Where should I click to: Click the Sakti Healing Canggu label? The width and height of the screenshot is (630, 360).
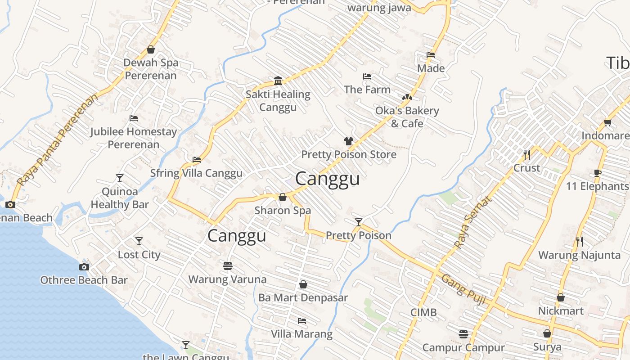pos(278,101)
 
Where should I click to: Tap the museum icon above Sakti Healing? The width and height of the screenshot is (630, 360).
pos(278,81)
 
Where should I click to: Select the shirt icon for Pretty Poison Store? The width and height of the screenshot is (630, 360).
pos(349,141)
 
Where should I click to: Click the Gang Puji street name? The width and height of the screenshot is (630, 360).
pos(463,289)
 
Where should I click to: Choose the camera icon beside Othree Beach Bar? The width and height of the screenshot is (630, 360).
pos(84,267)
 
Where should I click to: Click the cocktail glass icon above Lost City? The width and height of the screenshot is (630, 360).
pos(139,241)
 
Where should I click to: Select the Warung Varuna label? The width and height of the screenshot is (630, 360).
pos(227,279)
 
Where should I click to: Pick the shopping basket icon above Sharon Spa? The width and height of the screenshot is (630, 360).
pos(283,197)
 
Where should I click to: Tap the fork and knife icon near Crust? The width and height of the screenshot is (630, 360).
pos(526,155)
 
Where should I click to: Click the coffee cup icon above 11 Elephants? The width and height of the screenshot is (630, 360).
pos(598,173)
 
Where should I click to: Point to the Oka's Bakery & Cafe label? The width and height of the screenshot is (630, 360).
pos(407,117)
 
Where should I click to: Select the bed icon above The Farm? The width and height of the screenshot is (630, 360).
pos(367,76)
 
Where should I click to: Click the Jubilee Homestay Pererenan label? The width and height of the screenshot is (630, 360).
pos(133,138)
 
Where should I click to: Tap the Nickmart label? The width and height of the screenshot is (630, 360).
pos(561,311)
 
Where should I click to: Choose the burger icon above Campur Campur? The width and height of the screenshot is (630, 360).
pos(463,334)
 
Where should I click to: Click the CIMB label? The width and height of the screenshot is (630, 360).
pos(423,312)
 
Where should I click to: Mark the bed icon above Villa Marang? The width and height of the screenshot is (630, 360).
pos(302,321)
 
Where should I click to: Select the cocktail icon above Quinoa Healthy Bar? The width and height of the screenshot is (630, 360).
pos(120,178)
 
